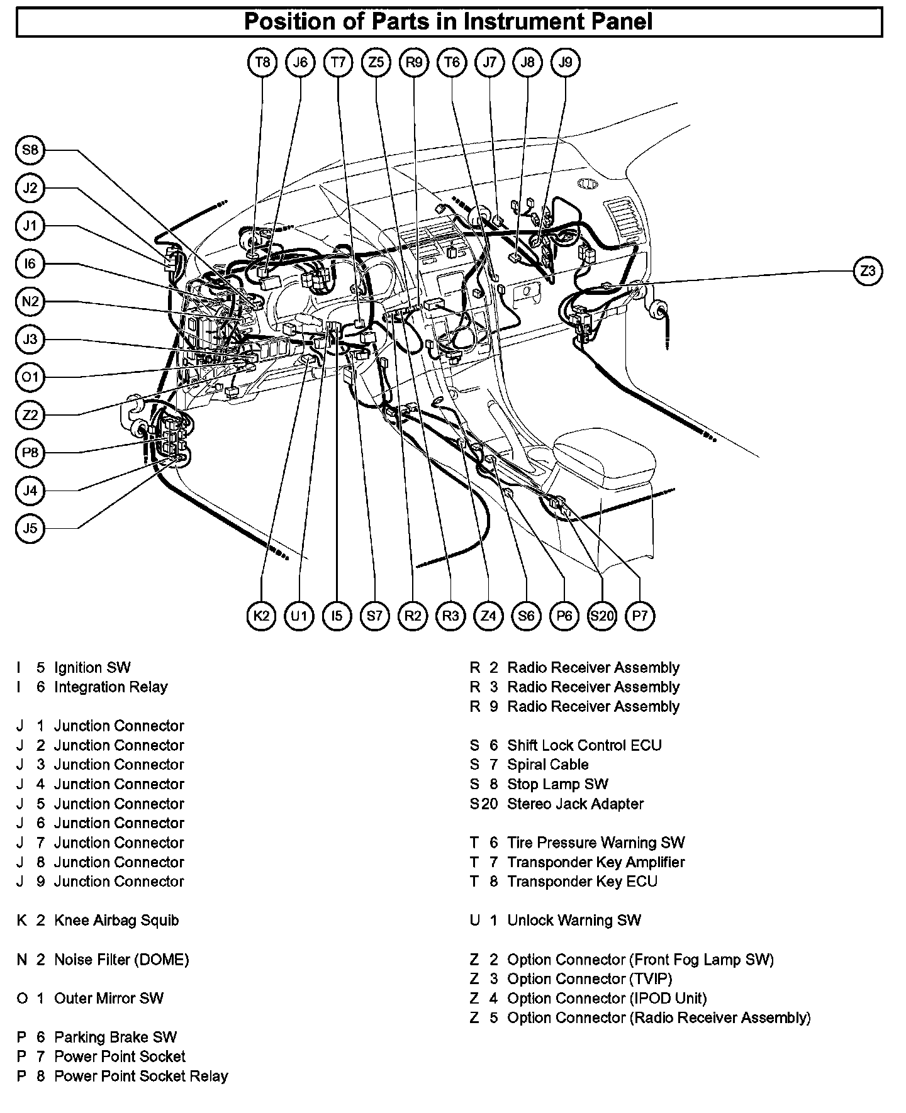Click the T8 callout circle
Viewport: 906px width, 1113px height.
[262, 62]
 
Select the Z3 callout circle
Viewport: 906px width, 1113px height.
[868, 271]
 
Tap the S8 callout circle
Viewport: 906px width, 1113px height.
[30, 150]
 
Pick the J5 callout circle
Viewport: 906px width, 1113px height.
[30, 528]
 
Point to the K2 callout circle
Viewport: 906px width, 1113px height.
[262, 616]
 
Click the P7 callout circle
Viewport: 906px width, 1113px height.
[640, 616]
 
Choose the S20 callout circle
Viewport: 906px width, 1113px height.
[602, 616]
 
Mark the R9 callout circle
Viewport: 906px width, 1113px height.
[414, 62]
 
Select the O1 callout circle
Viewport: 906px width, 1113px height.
[30, 377]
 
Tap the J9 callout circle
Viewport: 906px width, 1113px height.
[566, 62]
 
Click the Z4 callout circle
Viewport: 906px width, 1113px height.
[489, 616]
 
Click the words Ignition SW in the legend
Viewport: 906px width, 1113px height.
[92, 667]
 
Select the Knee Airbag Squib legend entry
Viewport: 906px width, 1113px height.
[116, 920]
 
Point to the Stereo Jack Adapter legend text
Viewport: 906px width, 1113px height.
[575, 804]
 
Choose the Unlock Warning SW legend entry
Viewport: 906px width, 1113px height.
[574, 920]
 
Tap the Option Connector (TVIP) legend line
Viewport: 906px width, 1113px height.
[590, 978]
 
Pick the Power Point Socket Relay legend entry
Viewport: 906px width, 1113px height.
[141, 1076]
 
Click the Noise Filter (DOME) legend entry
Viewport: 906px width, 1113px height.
[121, 960]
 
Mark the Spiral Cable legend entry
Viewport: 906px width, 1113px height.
[548, 765]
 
